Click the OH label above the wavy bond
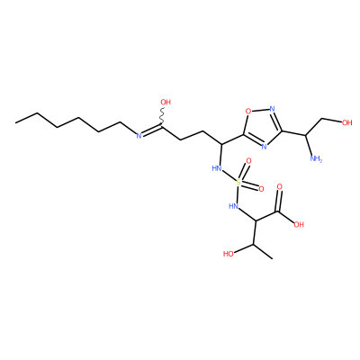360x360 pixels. pyautogui.click(x=166, y=103)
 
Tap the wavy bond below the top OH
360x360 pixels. pyautogui.click(x=162, y=117)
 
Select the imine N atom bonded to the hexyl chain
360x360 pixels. pyautogui.click(x=139, y=136)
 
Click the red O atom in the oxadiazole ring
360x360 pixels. pyautogui.click(x=248, y=112)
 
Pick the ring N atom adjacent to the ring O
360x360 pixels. pyautogui.click(x=273, y=109)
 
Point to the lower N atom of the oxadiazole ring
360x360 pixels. pyautogui.click(x=264, y=147)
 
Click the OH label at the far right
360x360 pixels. pyautogui.click(x=346, y=122)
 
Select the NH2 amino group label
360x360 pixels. pyautogui.click(x=316, y=158)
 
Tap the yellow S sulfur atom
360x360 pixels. pyautogui.click(x=238, y=182)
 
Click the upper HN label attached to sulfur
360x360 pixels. pyautogui.click(x=217, y=168)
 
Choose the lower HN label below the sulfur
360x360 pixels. pyautogui.click(x=233, y=206)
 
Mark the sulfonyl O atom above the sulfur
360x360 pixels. pyautogui.click(x=248, y=161)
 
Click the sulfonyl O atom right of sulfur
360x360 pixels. pyautogui.click(x=261, y=189)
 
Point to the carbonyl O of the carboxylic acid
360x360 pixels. pyautogui.click(x=280, y=187)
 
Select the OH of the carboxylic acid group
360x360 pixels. pyautogui.click(x=299, y=224)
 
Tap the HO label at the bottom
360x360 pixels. pyautogui.click(x=229, y=254)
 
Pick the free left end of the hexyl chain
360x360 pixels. pyautogui.click(x=15, y=122)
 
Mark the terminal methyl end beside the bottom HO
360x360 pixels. pyautogui.click(x=273, y=258)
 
